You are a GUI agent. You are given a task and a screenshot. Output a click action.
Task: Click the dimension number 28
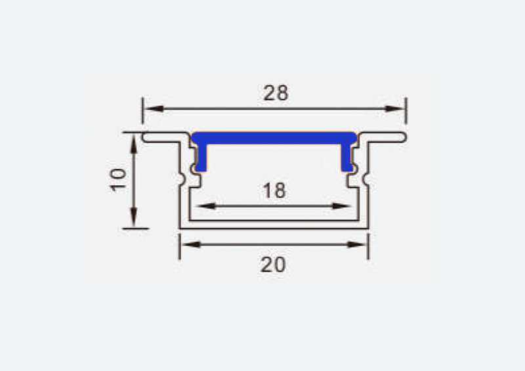[276, 93]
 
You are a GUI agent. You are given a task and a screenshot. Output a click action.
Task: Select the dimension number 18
[274, 190]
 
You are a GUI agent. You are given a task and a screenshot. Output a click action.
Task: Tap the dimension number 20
[273, 265]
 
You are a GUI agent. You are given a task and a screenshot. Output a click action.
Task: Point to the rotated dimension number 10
[119, 179]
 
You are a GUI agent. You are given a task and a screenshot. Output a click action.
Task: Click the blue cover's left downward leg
[201, 158]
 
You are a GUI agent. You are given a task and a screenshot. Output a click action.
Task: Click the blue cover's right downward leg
[347, 158]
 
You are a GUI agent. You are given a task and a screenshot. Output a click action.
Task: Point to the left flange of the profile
[161, 137]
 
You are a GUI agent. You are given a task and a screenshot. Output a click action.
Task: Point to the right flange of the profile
[388, 137]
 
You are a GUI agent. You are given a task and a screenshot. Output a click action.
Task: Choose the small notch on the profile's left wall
[181, 178]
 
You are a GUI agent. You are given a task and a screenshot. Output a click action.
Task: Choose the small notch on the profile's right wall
[367, 178]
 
